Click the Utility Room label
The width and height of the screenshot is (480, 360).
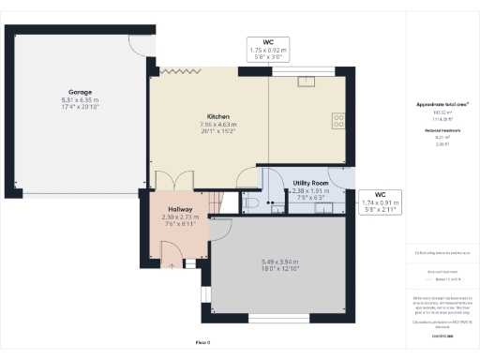tap(310, 183)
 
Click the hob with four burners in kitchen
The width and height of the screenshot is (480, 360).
tap(338, 120)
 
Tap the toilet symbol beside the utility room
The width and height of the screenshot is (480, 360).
tap(250, 203)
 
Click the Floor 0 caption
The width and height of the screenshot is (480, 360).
tap(202, 341)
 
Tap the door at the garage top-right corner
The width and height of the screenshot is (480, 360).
tap(141, 45)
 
